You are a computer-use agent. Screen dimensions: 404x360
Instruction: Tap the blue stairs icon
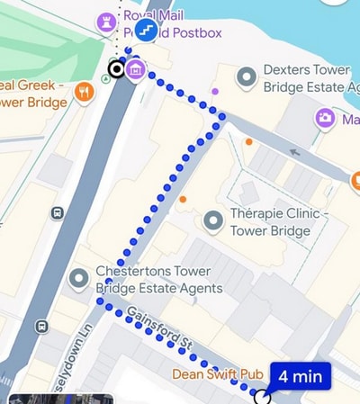coord(147,31)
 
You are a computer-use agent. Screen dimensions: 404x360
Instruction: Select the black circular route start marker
coord(116,69)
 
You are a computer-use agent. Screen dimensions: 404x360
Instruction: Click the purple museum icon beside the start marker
coord(136,69)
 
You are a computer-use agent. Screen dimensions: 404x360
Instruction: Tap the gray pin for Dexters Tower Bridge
coord(246,77)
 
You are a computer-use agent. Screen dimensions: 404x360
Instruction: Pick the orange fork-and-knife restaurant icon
coord(84,92)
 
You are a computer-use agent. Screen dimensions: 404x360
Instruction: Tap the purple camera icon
coord(325,117)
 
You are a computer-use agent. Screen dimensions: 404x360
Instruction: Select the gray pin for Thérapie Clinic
coord(212,220)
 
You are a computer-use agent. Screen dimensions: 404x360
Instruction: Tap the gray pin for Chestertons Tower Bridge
coord(80,280)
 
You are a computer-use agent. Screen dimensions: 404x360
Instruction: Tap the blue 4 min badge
coord(300,376)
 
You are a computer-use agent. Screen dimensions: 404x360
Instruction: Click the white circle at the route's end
coord(262,395)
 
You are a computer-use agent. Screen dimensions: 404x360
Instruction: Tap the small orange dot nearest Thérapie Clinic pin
coord(183,199)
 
